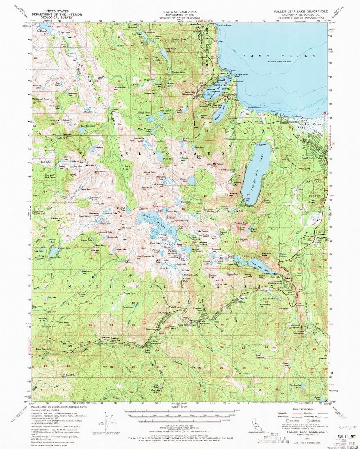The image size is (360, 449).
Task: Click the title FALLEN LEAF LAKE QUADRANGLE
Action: point(301,11)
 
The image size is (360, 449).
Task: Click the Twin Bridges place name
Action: point(175,307)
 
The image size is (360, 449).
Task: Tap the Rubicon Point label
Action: point(224,25)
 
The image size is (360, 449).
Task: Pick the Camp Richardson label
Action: point(292,122)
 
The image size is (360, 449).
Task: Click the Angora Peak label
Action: point(241,223)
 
